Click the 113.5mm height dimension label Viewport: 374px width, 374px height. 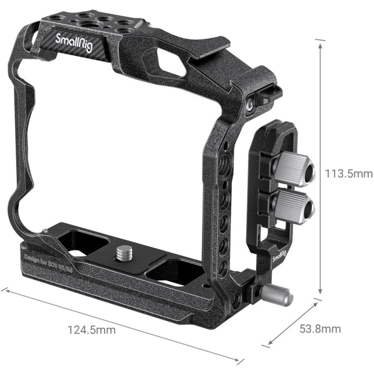click(348, 173)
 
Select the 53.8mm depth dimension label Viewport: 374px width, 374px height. click(320, 328)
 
